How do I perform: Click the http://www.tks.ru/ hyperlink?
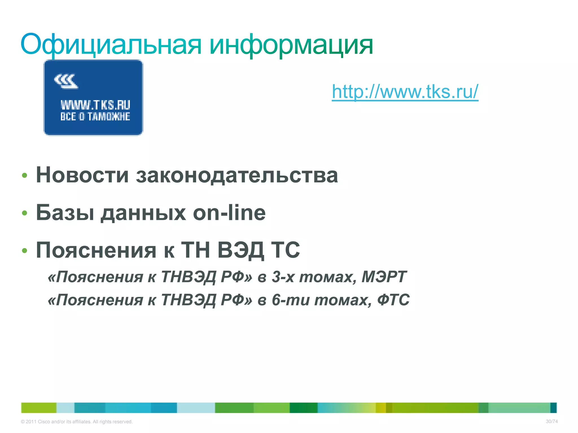405,92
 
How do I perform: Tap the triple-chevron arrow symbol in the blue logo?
66,81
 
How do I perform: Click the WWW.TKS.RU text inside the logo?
95,105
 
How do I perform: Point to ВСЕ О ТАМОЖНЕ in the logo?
95,116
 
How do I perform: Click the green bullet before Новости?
25,176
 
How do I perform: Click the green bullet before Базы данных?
25,213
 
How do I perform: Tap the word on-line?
229,213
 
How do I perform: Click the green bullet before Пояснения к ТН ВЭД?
25,251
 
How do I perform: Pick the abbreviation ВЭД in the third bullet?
241,250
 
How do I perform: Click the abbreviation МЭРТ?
384,277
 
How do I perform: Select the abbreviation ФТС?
393,300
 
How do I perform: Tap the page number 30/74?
552,421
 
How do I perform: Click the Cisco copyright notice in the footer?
77,422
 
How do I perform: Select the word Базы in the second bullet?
65,213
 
